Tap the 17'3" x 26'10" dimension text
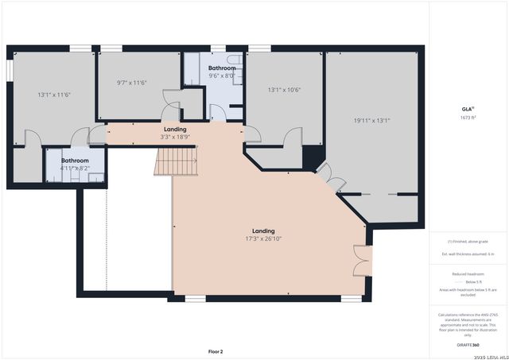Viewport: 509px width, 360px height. click(x=263, y=238)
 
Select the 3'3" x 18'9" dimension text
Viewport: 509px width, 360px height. click(x=175, y=136)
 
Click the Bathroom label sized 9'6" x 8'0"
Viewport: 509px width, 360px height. click(x=222, y=68)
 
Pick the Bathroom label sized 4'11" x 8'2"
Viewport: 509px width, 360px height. click(x=76, y=161)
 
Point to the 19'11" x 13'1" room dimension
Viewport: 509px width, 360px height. click(x=371, y=121)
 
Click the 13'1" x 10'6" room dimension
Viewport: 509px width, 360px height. click(x=284, y=90)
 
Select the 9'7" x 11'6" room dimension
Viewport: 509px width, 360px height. click(x=131, y=82)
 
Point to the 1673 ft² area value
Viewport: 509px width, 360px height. click(x=467, y=118)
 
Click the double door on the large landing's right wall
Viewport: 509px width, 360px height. click(x=362, y=260)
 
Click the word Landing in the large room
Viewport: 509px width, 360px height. click(x=263, y=231)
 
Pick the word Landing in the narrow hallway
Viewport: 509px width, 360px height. click(x=175, y=129)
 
